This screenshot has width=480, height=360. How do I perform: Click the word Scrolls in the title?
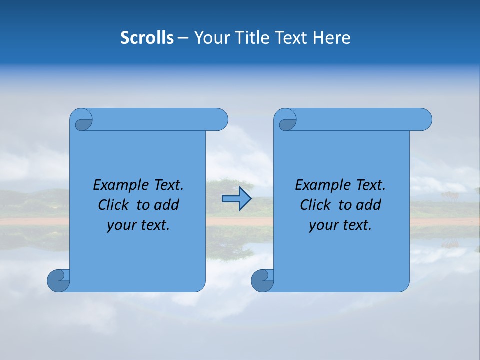tap(147, 38)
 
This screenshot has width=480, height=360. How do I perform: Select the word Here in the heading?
tap(332, 38)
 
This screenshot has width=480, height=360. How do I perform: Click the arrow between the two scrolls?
tap(237, 199)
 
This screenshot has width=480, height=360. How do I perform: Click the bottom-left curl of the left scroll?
tap(59, 280)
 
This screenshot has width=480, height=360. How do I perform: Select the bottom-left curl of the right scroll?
tap(263, 280)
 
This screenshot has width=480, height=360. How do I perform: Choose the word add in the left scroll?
tap(167, 205)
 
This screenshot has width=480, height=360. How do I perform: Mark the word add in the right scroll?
tap(369, 205)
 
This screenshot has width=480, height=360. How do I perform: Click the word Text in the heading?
tap(292, 38)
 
